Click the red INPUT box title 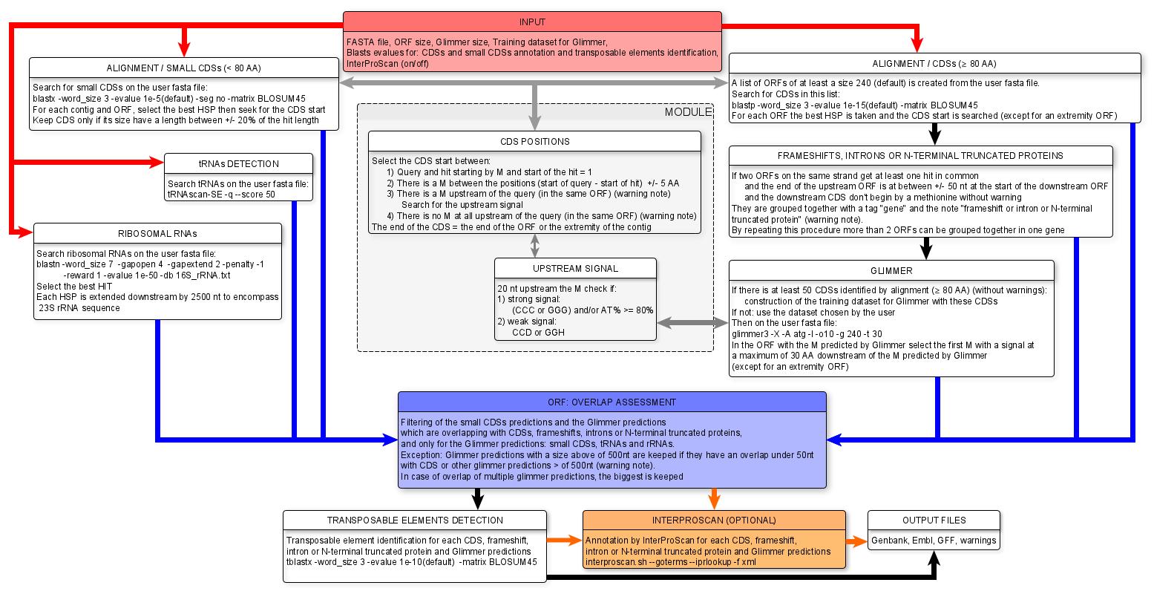pyautogui.click(x=533, y=22)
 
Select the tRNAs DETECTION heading pyautogui.click(x=238, y=163)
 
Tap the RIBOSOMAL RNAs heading pyautogui.click(x=157, y=233)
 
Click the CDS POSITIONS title pyautogui.click(x=534, y=141)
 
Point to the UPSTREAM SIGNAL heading pyautogui.click(x=575, y=268)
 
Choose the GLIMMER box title pyautogui.click(x=891, y=270)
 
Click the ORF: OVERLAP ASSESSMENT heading pyautogui.click(x=612, y=402)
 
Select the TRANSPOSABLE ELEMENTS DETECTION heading pyautogui.click(x=415, y=520)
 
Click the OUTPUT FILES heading pyautogui.click(x=934, y=520)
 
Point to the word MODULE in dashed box pyautogui.click(x=688, y=112)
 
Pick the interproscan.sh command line pyautogui.click(x=671, y=562)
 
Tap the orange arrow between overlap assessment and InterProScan pyautogui.click(x=714, y=498)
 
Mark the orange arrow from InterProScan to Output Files pyautogui.click(x=856, y=541)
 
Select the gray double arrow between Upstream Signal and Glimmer pyautogui.click(x=692, y=323)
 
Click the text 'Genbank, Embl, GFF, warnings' pyautogui.click(x=934, y=540)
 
